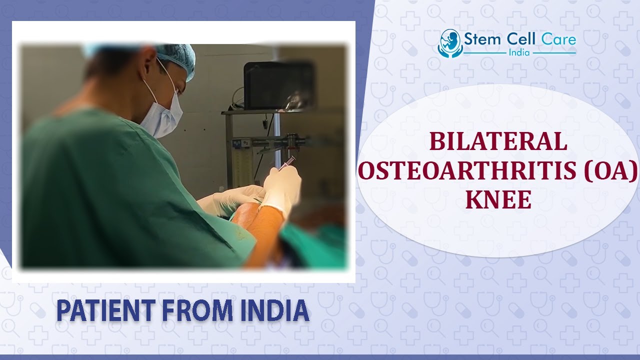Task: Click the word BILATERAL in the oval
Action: [497, 142]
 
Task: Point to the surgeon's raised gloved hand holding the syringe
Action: [282, 187]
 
